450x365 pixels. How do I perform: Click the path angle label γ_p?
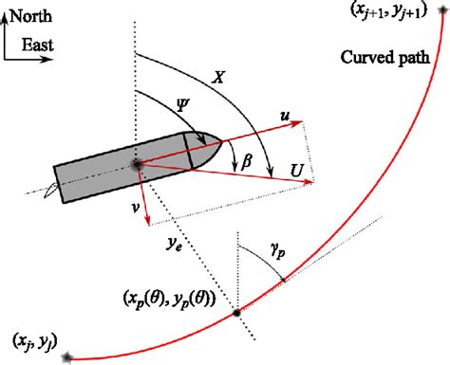(278, 255)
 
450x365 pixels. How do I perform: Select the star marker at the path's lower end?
(66, 356)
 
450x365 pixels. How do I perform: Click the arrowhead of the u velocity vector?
(303, 122)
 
